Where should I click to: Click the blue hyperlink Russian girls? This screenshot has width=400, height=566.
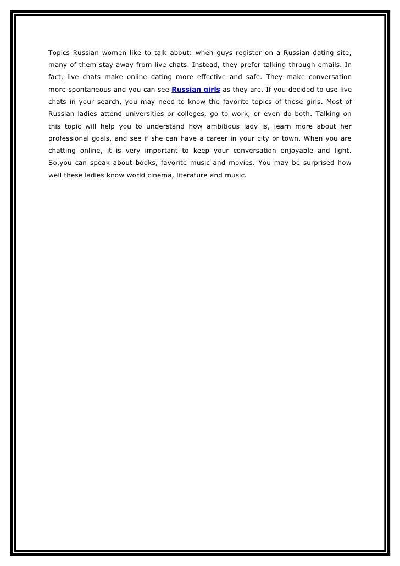(x=196, y=89)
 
